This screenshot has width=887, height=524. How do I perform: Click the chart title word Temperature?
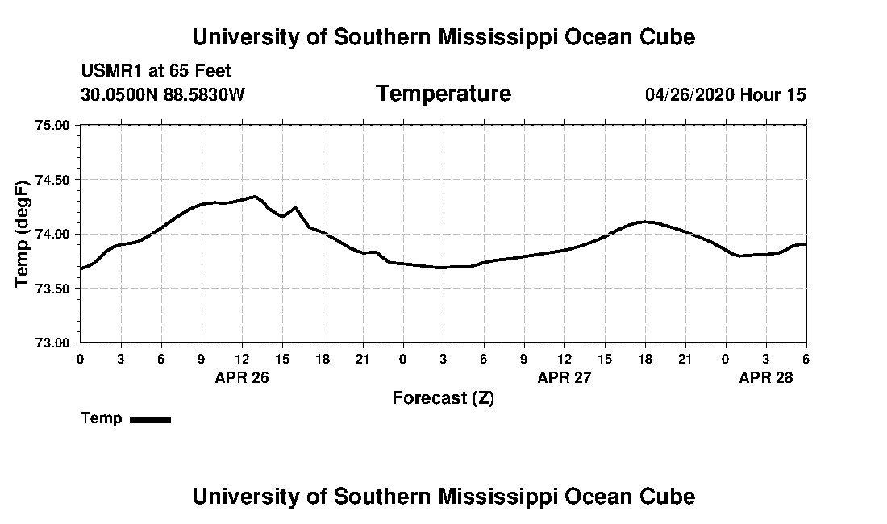click(x=443, y=94)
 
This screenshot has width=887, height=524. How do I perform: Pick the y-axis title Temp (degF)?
click(x=23, y=234)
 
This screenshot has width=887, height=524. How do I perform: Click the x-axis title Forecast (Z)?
click(x=443, y=398)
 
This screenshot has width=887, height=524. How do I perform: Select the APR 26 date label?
click(x=241, y=377)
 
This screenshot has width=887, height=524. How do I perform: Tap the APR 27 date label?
click(x=564, y=377)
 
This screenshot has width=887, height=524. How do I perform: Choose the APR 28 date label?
click(x=766, y=377)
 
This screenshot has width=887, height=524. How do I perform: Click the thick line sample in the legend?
click(x=150, y=419)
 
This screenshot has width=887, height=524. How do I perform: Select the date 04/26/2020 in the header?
click(x=689, y=95)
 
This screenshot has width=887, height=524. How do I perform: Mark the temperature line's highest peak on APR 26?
click(x=255, y=196)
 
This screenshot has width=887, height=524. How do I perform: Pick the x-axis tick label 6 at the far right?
click(x=806, y=359)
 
